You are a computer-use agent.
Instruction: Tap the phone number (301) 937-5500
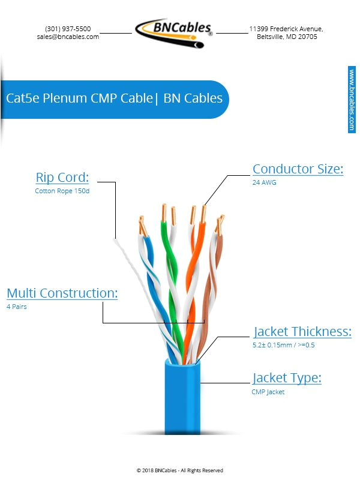point(68,29)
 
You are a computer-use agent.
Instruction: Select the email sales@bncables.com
point(68,37)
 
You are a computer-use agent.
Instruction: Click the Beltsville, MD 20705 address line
point(287,37)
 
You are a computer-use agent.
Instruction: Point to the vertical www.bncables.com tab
point(352,99)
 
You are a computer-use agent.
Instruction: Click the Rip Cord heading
point(62,178)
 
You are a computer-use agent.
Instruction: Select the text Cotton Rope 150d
point(62,191)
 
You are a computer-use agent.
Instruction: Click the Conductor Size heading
point(298,169)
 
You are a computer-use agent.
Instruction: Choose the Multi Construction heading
point(62,293)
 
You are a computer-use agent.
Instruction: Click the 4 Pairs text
point(17,307)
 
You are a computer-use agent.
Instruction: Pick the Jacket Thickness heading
point(302,332)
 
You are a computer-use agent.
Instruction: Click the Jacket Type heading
point(287,378)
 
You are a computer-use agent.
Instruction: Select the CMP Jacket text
point(268,392)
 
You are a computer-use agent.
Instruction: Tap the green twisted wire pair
point(170,264)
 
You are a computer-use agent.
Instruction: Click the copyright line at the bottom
point(180,470)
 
